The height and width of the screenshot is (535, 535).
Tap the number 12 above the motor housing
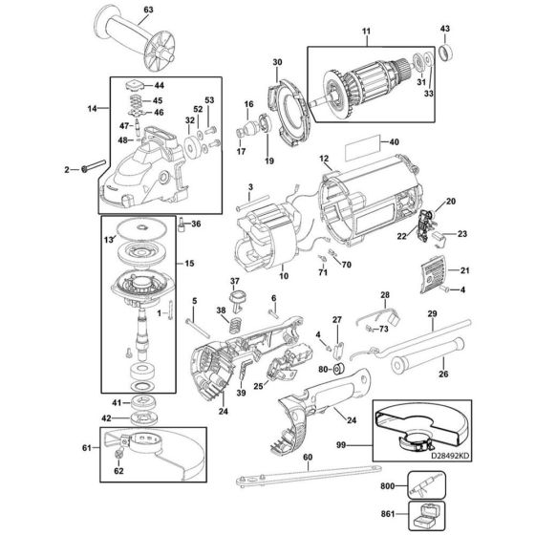pos(323,158)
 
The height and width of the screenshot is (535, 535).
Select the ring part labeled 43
pos(444,45)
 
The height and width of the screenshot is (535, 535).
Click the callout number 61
pos(87,447)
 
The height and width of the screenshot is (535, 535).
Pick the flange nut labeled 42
pos(146,417)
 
